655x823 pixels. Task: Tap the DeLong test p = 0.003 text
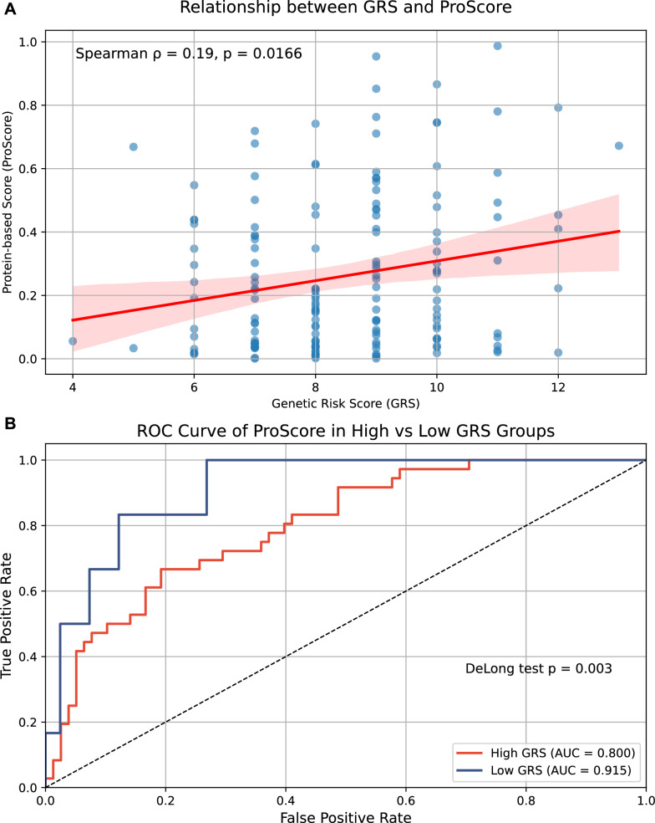[x=539, y=668]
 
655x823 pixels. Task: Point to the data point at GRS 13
[x=618, y=146]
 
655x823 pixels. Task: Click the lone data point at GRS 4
[x=73, y=340]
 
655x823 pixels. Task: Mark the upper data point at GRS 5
[x=133, y=147]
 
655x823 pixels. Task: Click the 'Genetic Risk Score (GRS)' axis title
[x=345, y=405]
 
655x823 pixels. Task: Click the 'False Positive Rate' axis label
[x=345, y=815]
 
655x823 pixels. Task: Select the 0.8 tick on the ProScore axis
[x=33, y=105]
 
